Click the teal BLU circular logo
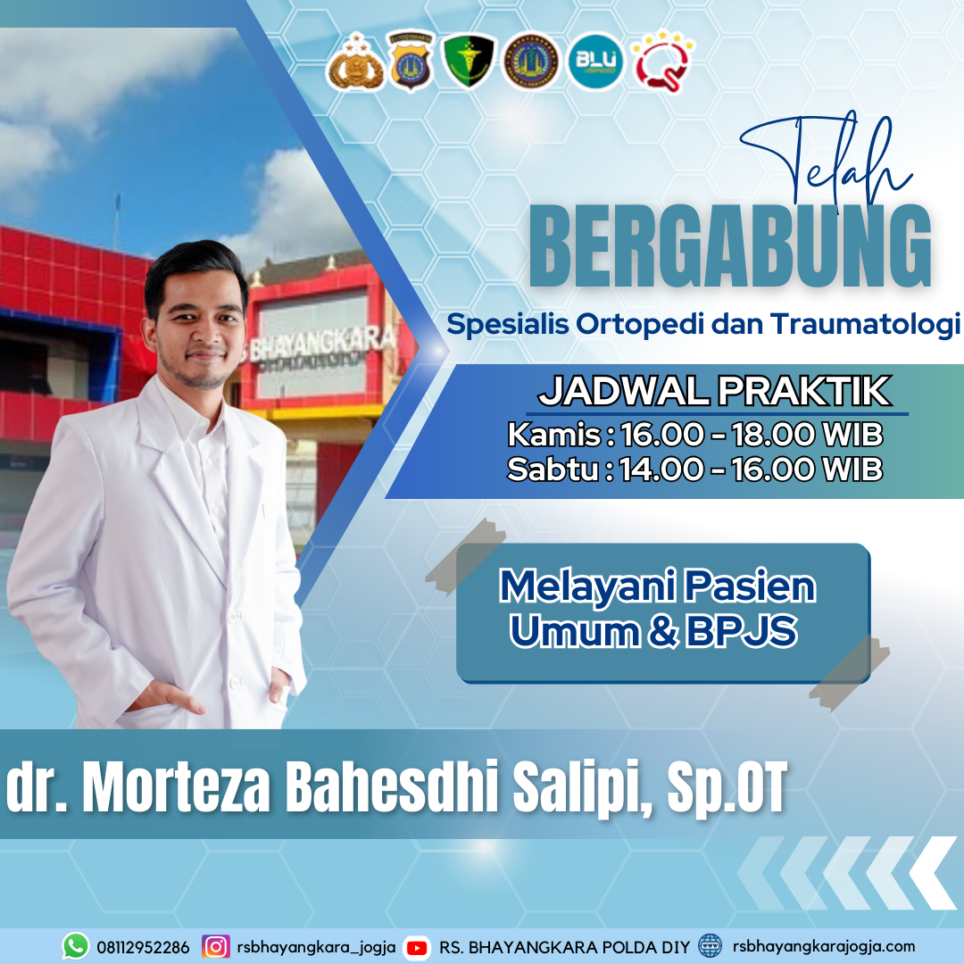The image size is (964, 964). [x=595, y=62]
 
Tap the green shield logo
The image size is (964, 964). [x=470, y=61]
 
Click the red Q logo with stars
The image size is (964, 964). [x=662, y=61]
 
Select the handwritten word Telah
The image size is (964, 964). [x=827, y=159]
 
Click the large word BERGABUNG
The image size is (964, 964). [x=730, y=246]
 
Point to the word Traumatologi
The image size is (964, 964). [x=866, y=324]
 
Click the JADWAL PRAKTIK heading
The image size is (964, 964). [x=714, y=391]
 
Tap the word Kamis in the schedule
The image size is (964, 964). [x=554, y=435]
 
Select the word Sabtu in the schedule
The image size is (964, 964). [x=553, y=470]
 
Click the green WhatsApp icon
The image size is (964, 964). [x=76, y=946]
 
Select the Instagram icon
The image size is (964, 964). [x=216, y=947]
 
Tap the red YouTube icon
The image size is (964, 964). [x=417, y=948]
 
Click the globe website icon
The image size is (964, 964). [x=711, y=946]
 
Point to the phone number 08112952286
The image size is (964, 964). [x=143, y=947]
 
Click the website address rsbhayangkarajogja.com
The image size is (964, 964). [x=824, y=947]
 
